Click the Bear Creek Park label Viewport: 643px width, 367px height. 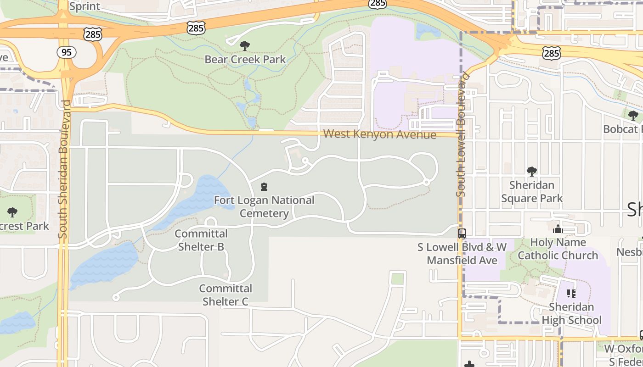point(245,59)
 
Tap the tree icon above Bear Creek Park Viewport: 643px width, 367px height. point(245,45)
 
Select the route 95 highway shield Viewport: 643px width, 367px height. point(67,52)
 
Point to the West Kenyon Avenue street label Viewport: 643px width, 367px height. point(379,134)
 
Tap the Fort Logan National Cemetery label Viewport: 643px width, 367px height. point(264,207)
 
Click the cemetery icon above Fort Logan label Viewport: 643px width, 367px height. point(264,187)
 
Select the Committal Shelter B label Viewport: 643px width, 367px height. point(201,240)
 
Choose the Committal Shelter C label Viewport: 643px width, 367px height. point(226,295)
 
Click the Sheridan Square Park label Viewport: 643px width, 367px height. point(532,192)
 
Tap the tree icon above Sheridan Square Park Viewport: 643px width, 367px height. point(532,172)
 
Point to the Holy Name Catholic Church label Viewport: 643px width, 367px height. point(558,249)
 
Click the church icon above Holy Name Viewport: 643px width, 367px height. point(558,229)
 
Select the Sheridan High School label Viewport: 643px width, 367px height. point(571,313)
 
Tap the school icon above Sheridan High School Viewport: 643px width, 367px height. point(571,293)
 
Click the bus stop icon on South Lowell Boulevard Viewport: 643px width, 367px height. point(462,233)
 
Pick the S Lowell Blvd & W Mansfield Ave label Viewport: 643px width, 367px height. point(462,254)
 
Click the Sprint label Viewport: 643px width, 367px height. point(85,6)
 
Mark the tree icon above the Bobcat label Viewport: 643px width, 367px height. point(633,115)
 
